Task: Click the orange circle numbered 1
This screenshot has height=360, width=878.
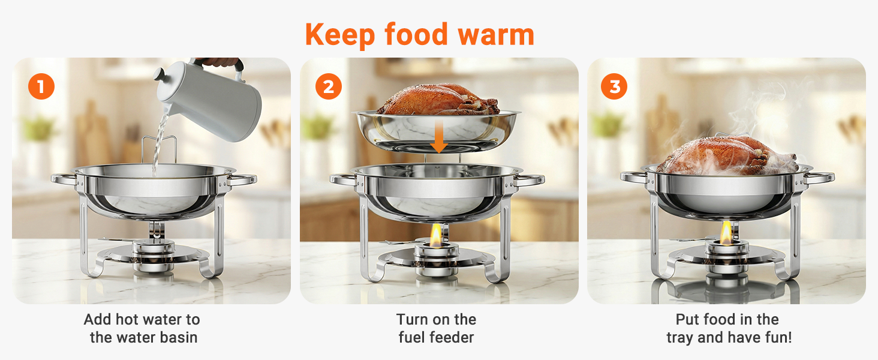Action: pos(41,86)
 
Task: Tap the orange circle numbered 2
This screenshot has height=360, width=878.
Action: pos(329,86)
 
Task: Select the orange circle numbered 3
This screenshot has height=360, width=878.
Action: pos(614,86)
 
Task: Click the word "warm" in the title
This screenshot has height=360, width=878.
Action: pos(496,35)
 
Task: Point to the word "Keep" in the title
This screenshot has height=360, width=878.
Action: pos(340,35)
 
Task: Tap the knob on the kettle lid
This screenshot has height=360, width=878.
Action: pos(160,74)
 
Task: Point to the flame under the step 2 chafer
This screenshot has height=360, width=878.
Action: pos(435,236)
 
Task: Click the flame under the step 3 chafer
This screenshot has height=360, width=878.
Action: pos(726,233)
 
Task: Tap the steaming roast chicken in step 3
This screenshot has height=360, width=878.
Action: pos(727,155)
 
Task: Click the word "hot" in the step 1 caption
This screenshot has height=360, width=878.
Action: pos(128,320)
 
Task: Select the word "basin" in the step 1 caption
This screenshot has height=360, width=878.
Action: pos(178,338)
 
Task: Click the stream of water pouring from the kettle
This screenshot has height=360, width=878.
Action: pos(160,145)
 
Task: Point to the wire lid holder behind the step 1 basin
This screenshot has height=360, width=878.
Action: pos(158,149)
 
